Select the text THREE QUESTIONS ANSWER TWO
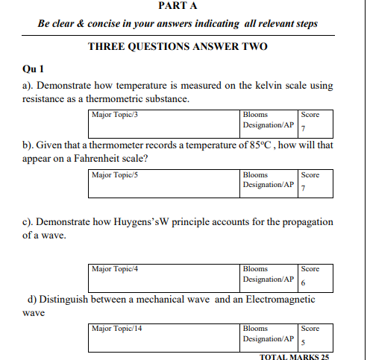coord(178,46)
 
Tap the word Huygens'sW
coord(156,222)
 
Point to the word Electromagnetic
coord(275,300)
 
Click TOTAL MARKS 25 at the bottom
coord(292,356)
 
